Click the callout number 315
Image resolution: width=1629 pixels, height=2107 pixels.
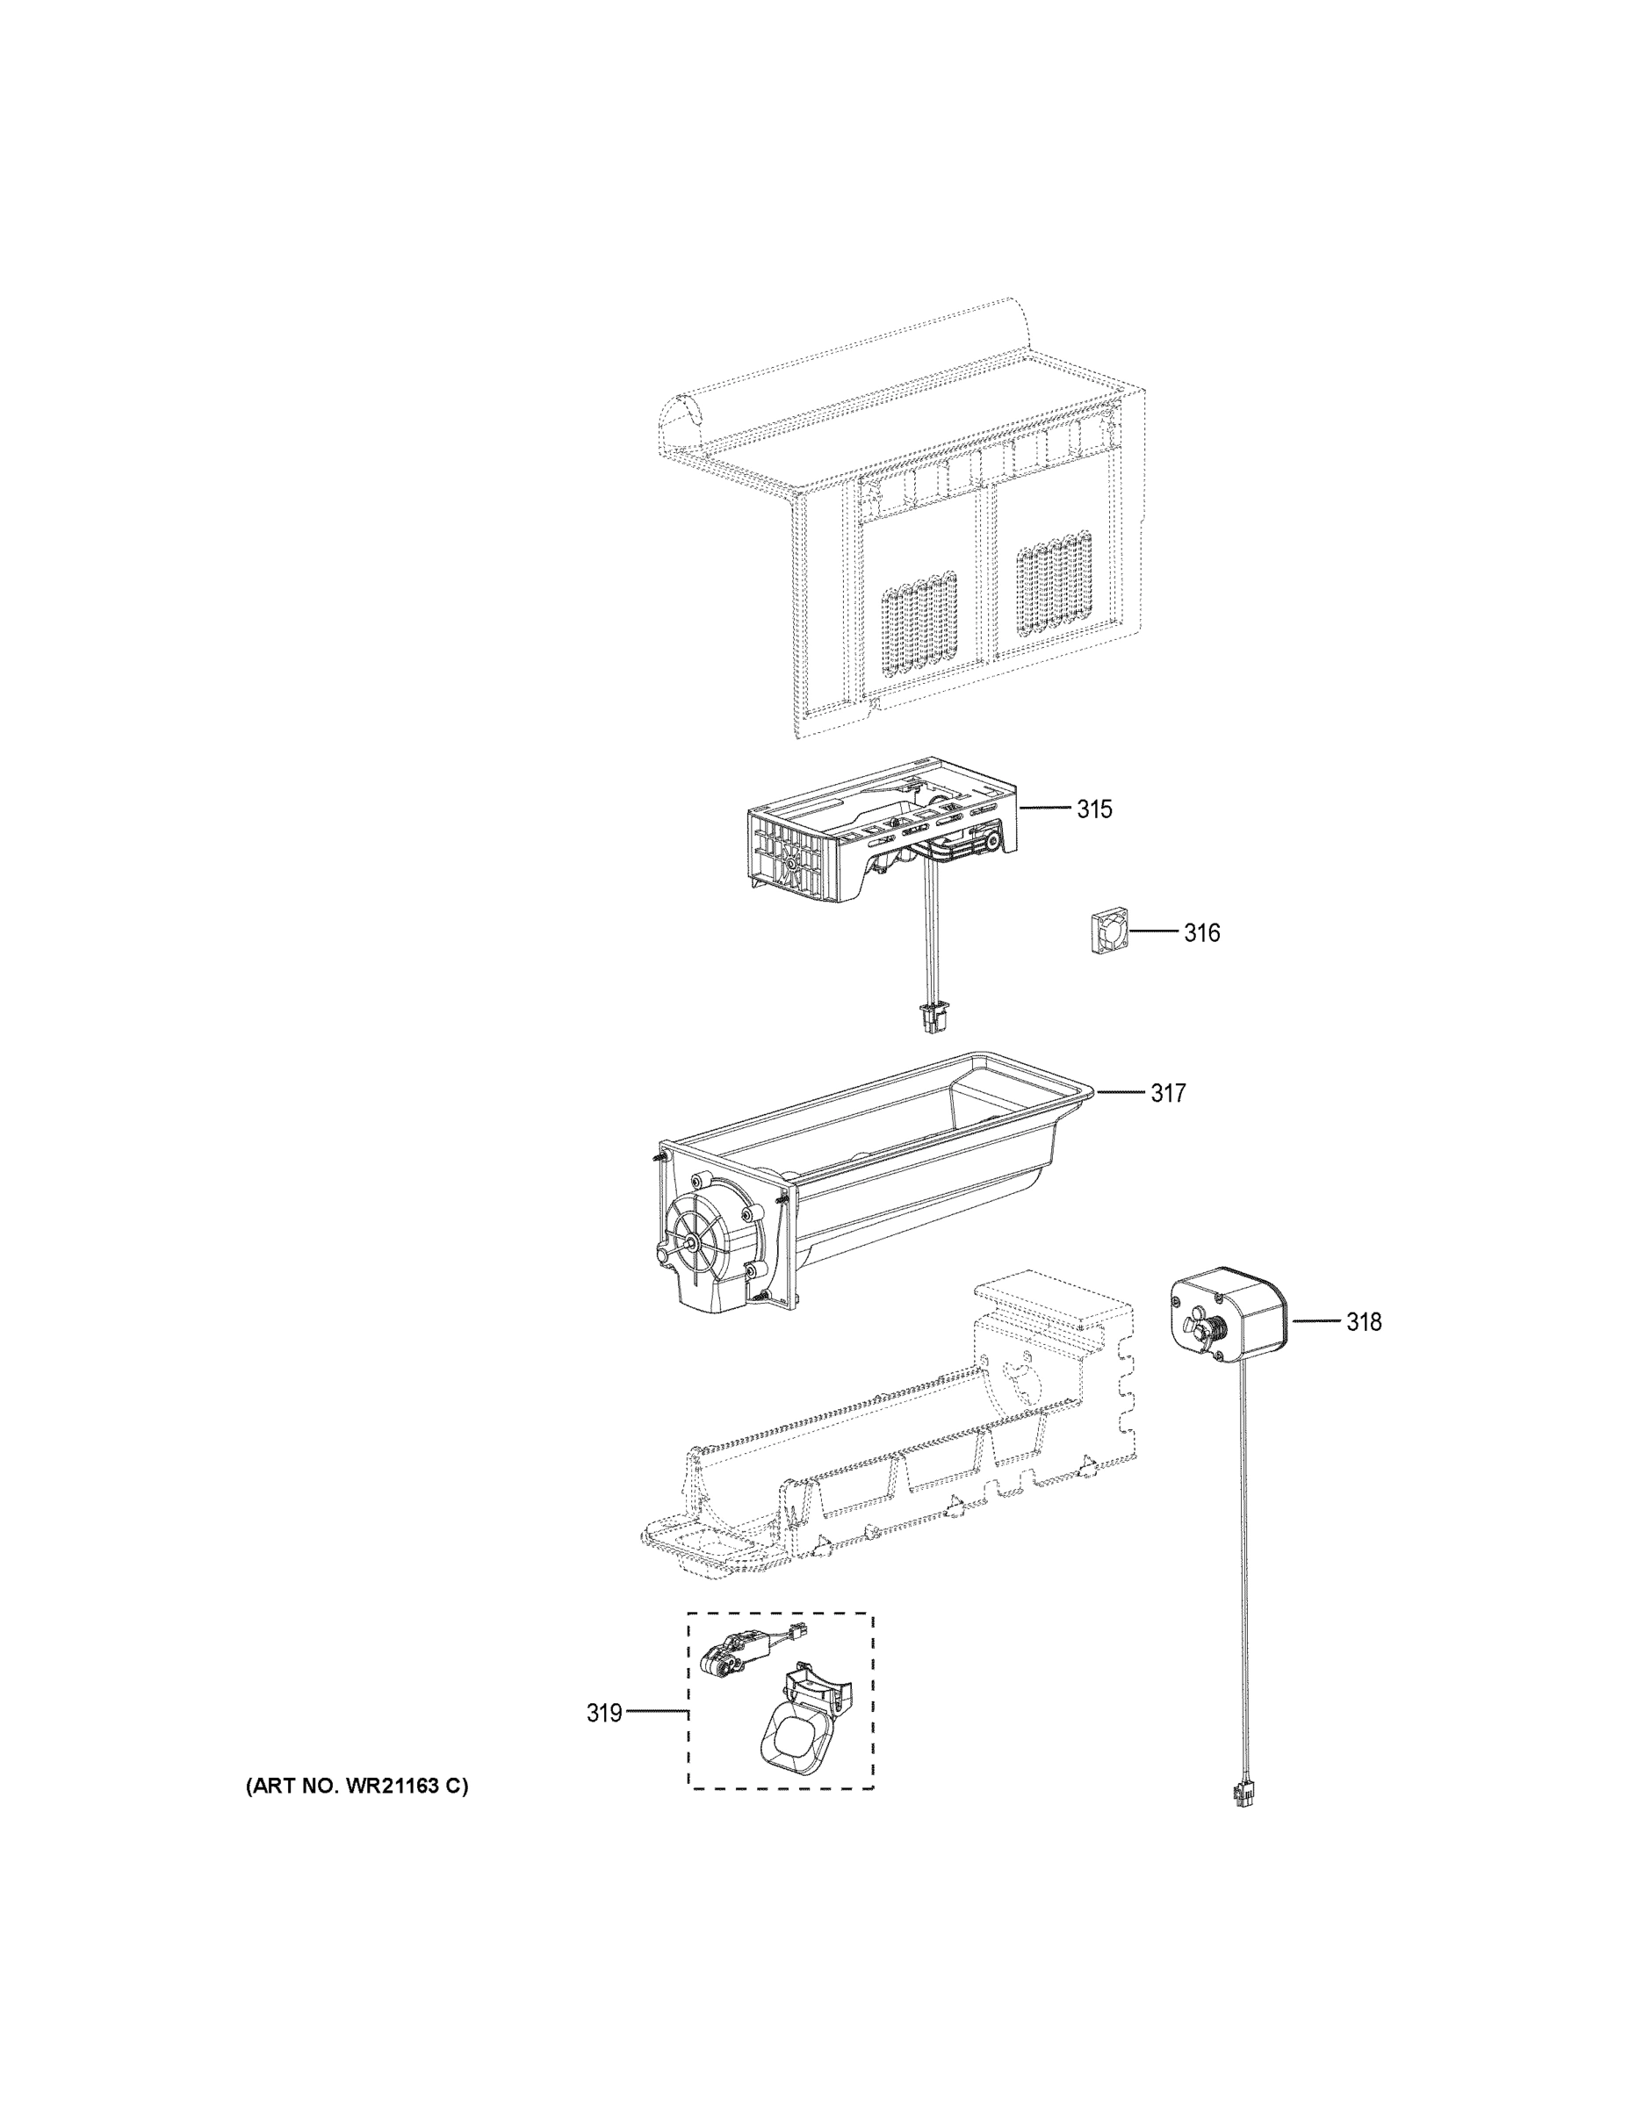pos(1094,809)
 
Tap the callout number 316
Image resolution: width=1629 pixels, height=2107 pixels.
pos(1201,933)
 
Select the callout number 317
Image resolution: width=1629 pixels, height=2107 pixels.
pos(1168,1093)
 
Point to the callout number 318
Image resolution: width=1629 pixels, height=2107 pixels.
pos(1364,1321)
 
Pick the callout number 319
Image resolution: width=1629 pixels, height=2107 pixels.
pos(604,1715)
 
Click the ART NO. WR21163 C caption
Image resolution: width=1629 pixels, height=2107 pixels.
pos(357,1786)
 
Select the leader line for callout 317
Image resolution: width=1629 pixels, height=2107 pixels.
pos(1121,1092)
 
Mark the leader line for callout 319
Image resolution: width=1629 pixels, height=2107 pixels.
pos(656,1714)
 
